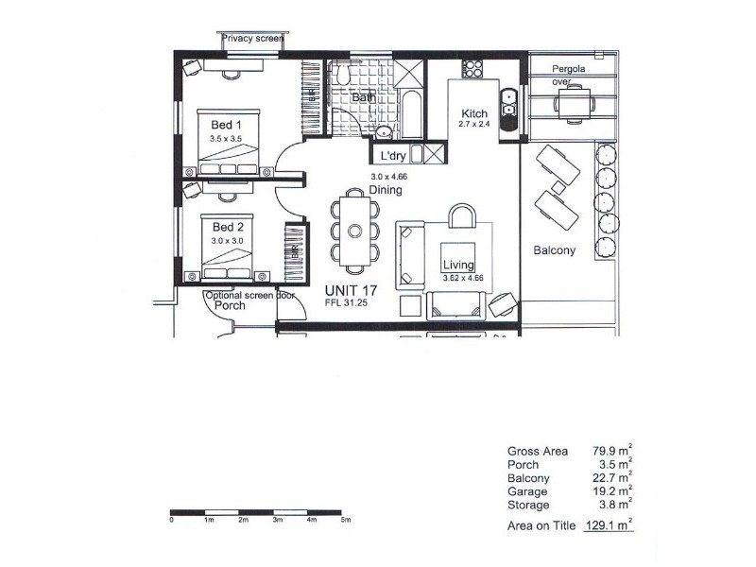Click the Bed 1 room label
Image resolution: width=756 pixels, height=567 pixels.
point(226,125)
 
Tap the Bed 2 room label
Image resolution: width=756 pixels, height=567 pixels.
point(228,227)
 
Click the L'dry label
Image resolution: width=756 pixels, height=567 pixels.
point(392,156)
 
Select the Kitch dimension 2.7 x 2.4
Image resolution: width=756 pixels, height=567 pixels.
point(475,124)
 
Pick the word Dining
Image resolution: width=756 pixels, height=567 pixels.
point(386,190)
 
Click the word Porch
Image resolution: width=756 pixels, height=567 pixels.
point(230,305)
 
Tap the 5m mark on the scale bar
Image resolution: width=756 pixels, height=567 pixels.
point(346,520)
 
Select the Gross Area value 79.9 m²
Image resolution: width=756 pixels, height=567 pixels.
point(611,451)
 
